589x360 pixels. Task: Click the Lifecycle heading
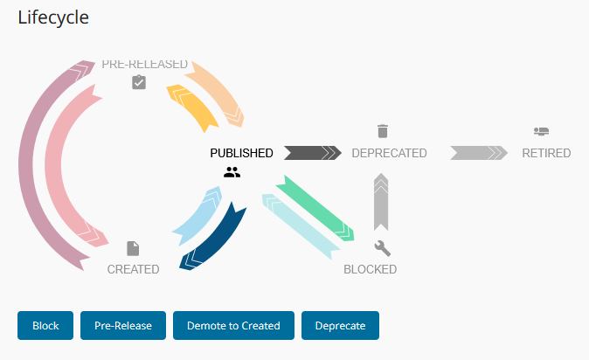tap(53, 17)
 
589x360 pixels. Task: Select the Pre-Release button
tap(123, 326)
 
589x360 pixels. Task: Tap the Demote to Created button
tap(233, 326)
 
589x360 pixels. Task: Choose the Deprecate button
tap(340, 326)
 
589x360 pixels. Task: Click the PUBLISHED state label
tap(241, 153)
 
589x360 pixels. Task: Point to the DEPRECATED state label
tap(389, 153)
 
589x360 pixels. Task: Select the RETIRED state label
tap(546, 153)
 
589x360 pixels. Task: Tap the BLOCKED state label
tap(370, 269)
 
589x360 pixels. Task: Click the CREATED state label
tap(133, 269)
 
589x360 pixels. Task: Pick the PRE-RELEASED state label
tap(144, 64)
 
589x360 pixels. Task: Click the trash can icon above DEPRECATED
tap(382, 131)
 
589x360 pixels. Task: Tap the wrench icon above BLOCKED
tap(382, 247)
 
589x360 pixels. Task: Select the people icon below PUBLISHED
tap(232, 173)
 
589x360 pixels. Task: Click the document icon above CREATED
tap(133, 248)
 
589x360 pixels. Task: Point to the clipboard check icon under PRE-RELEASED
tap(138, 82)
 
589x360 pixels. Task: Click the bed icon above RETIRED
tap(541, 131)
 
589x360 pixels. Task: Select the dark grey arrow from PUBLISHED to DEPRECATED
tap(310, 153)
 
